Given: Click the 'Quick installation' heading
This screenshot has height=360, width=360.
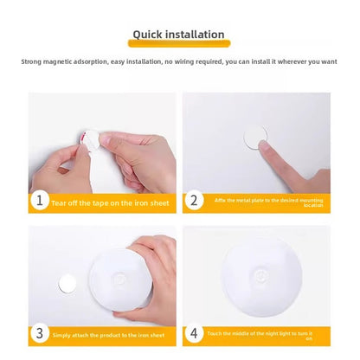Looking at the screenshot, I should [x=178, y=35].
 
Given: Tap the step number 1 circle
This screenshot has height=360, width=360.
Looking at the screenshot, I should [x=39, y=201].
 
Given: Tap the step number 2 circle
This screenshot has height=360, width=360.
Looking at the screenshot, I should [x=194, y=201].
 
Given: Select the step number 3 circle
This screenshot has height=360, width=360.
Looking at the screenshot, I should [x=39, y=333].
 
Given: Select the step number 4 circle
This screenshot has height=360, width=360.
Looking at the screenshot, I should [x=194, y=333].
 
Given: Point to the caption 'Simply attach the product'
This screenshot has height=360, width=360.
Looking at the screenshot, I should [x=109, y=334].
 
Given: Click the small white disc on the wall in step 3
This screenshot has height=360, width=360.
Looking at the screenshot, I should [x=67, y=283].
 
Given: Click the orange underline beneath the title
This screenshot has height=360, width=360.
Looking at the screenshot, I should [x=178, y=43].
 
